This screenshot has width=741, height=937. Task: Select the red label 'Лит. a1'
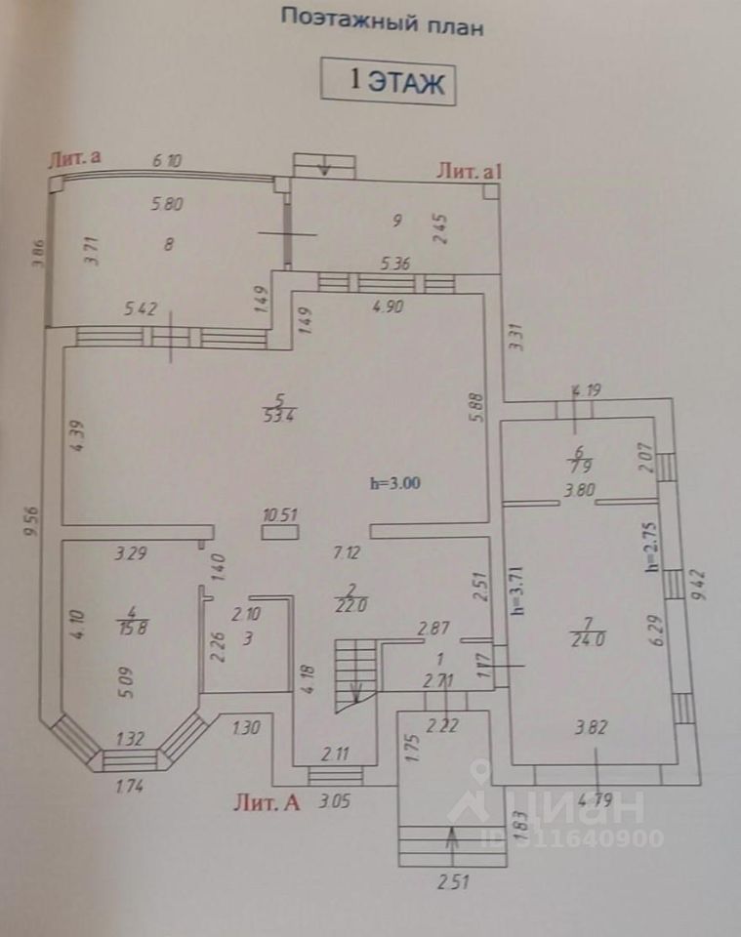[470, 171]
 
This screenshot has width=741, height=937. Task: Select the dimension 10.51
[279, 514]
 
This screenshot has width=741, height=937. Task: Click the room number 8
[169, 245]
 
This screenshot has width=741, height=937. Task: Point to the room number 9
[396, 221]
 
